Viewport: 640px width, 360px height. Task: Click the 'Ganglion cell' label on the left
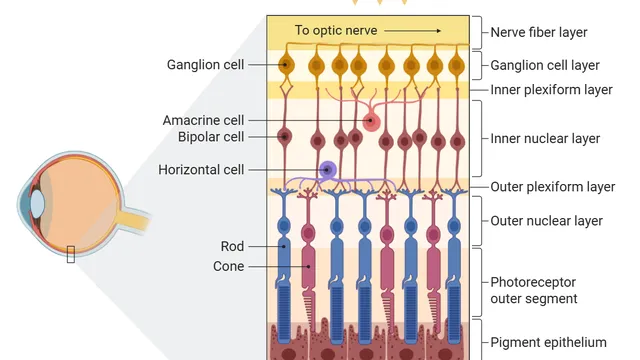205,65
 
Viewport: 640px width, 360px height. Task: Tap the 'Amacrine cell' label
203,120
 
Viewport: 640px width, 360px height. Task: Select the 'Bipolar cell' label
211,137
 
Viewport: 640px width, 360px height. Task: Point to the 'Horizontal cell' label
201,169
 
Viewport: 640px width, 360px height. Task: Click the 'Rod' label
232,246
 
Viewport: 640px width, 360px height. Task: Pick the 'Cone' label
229,266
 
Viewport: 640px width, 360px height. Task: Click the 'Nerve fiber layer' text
539,32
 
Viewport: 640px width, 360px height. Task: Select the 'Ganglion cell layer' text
545,65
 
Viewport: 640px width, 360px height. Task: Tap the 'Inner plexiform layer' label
551,90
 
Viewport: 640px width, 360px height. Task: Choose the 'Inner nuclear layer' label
545,139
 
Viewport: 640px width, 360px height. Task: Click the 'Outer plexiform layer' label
553,187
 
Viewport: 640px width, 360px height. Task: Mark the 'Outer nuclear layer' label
547,221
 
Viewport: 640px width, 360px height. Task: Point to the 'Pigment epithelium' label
548,342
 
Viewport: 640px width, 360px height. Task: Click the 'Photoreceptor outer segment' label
534,290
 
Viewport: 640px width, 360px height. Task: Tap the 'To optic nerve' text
336,30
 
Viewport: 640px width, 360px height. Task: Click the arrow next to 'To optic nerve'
413,31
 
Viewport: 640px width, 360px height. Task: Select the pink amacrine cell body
371,122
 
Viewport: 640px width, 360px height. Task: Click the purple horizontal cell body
327,169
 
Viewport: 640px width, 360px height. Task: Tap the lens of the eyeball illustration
37,203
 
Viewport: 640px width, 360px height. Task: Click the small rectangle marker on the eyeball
71,254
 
